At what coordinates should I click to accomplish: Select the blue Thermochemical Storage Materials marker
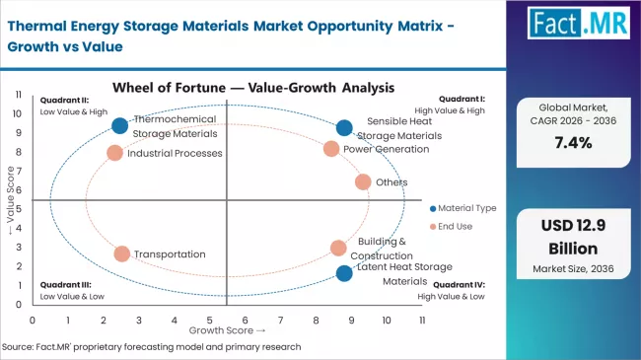coord(120,125)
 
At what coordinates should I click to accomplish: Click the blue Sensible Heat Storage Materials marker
coord(343,127)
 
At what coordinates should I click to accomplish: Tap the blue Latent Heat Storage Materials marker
coord(343,273)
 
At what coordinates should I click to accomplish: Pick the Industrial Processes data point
coord(114,153)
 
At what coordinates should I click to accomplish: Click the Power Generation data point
coord(331,149)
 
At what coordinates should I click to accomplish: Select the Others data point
coord(362,181)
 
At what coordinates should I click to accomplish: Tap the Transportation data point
coord(121,253)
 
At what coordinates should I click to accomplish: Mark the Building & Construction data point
coord(338,248)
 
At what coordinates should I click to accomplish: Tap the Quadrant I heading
coord(463,100)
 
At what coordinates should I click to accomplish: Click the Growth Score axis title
coord(227,330)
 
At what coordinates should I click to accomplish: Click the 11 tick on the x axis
coord(422,321)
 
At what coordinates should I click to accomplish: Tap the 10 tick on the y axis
coord(19,112)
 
